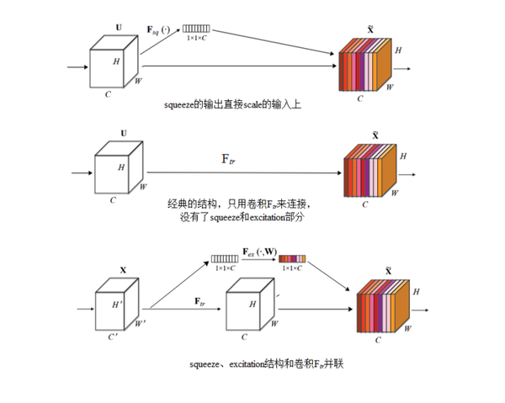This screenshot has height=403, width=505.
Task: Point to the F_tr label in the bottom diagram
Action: [x=201, y=300]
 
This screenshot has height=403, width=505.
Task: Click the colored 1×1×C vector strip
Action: [x=292, y=259]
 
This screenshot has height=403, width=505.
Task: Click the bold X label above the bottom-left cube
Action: [x=123, y=271]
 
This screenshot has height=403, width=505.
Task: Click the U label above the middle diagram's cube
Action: [x=123, y=133]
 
